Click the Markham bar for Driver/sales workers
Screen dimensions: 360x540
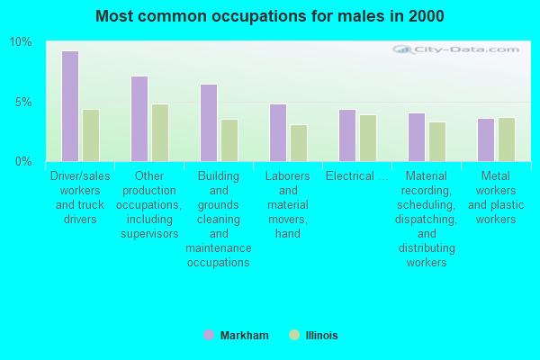(x=70, y=106)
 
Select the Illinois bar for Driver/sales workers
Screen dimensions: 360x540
(x=91, y=135)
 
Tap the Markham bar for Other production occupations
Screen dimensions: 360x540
(x=139, y=119)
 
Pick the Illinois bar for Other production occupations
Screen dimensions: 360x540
(x=160, y=132)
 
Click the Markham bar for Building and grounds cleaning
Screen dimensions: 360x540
(x=209, y=122)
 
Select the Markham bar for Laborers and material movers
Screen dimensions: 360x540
(x=278, y=132)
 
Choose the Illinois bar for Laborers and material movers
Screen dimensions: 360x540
(x=299, y=143)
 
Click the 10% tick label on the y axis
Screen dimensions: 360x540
(x=21, y=42)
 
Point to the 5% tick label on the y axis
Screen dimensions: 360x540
(x=23, y=102)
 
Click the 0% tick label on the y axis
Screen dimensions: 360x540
(x=23, y=161)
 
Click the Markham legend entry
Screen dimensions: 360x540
(x=237, y=335)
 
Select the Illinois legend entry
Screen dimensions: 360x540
(x=313, y=335)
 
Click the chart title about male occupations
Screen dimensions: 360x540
(x=270, y=16)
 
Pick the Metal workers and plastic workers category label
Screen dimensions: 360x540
(x=496, y=197)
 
